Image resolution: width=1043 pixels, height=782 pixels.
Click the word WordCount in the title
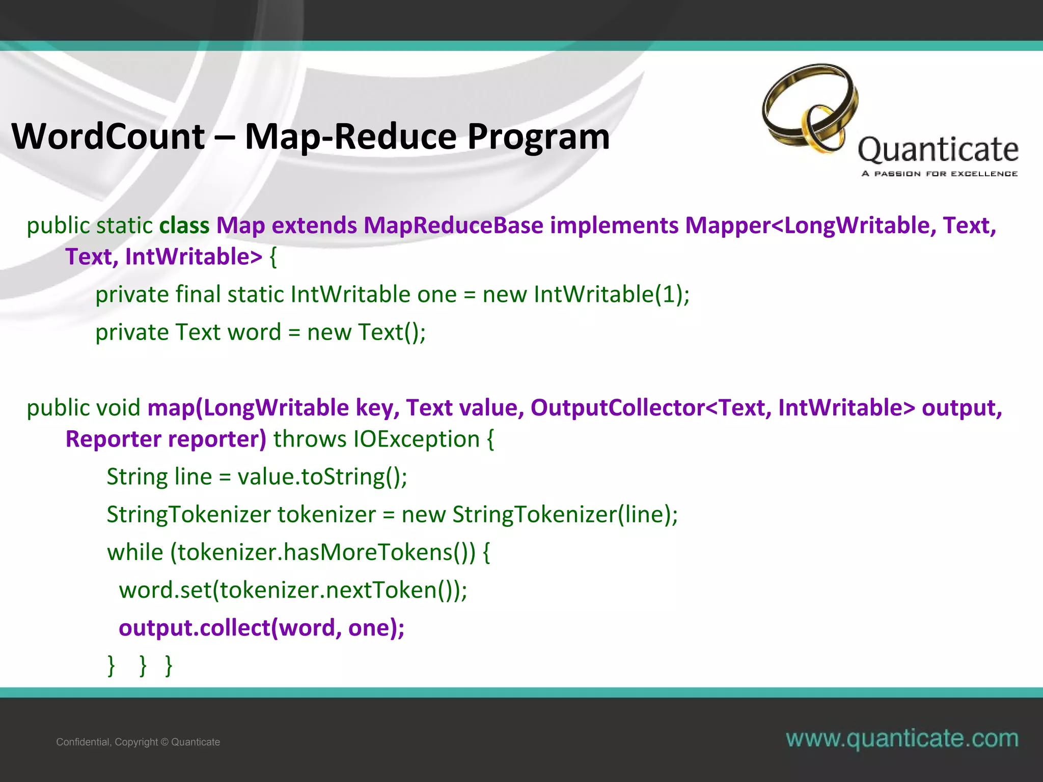point(108,136)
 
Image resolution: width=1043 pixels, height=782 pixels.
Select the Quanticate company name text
point(938,150)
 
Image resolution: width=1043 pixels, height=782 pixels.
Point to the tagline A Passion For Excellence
point(939,174)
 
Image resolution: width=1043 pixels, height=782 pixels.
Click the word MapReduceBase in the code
point(453,226)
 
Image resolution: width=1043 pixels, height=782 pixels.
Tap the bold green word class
point(184,226)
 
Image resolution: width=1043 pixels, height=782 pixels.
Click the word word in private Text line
point(254,332)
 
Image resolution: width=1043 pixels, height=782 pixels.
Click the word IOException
point(417,439)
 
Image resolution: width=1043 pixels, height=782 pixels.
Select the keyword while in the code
point(135,552)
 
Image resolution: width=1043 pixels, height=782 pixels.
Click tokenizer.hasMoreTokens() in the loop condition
point(326,552)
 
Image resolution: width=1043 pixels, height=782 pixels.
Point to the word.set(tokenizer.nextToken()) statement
point(292,590)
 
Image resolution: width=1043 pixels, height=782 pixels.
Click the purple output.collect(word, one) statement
point(261,628)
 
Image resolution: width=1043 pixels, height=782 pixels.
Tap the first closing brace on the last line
point(112,665)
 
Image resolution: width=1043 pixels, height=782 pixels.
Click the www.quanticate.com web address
point(902,738)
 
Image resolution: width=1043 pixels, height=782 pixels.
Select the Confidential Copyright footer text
point(138,742)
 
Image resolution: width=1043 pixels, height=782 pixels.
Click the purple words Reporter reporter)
point(166,439)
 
